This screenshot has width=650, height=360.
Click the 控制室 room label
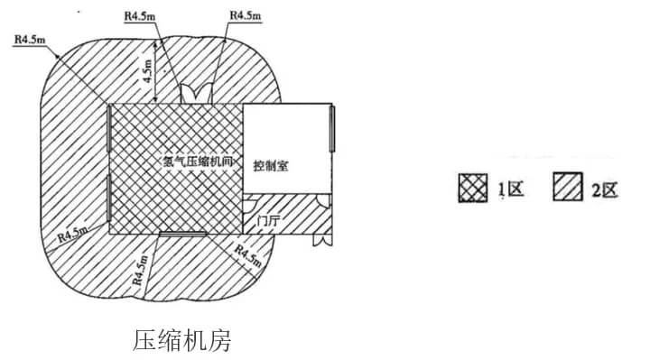[272, 166]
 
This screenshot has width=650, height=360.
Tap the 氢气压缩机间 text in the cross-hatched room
[197, 161]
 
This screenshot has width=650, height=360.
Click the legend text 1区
[512, 189]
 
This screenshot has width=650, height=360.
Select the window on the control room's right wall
[332, 129]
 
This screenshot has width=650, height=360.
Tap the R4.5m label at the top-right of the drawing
[246, 15]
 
